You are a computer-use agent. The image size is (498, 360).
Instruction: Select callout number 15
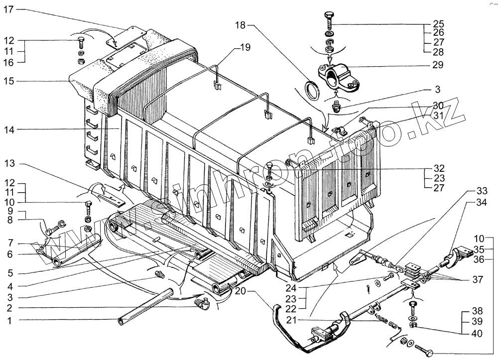[11, 81]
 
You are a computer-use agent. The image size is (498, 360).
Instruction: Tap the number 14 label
[11, 130]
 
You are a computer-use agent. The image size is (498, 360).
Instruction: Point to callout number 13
[11, 164]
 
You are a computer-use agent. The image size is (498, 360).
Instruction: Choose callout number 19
[245, 47]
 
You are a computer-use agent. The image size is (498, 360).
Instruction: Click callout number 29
[437, 65]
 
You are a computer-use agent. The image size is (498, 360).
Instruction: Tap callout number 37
[478, 279]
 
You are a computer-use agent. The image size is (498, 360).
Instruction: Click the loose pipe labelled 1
[144, 307]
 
